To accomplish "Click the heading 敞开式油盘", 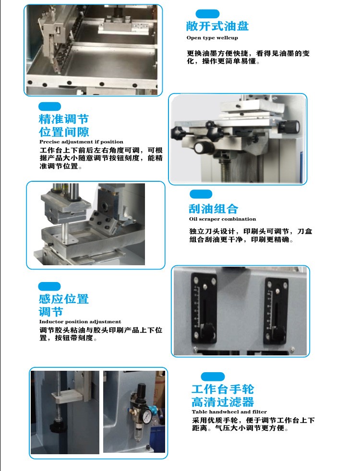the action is tap(217, 26).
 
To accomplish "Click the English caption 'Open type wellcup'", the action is tap(212, 38).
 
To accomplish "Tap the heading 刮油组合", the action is tap(213, 209).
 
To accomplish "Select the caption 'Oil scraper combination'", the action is tap(222, 219).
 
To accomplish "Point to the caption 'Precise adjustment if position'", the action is tap(81, 142).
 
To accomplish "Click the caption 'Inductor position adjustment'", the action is tap(80, 322).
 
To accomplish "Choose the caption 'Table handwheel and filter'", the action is tap(229, 412).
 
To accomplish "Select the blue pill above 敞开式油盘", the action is tap(207, 14).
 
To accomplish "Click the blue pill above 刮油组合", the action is tap(201, 194).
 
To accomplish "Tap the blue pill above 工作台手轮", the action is tap(213, 377).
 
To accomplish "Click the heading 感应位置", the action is tap(64, 299).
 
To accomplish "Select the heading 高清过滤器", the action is tap(223, 402).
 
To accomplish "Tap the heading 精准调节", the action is tap(64, 119).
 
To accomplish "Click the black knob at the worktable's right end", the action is tap(288, 127).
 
